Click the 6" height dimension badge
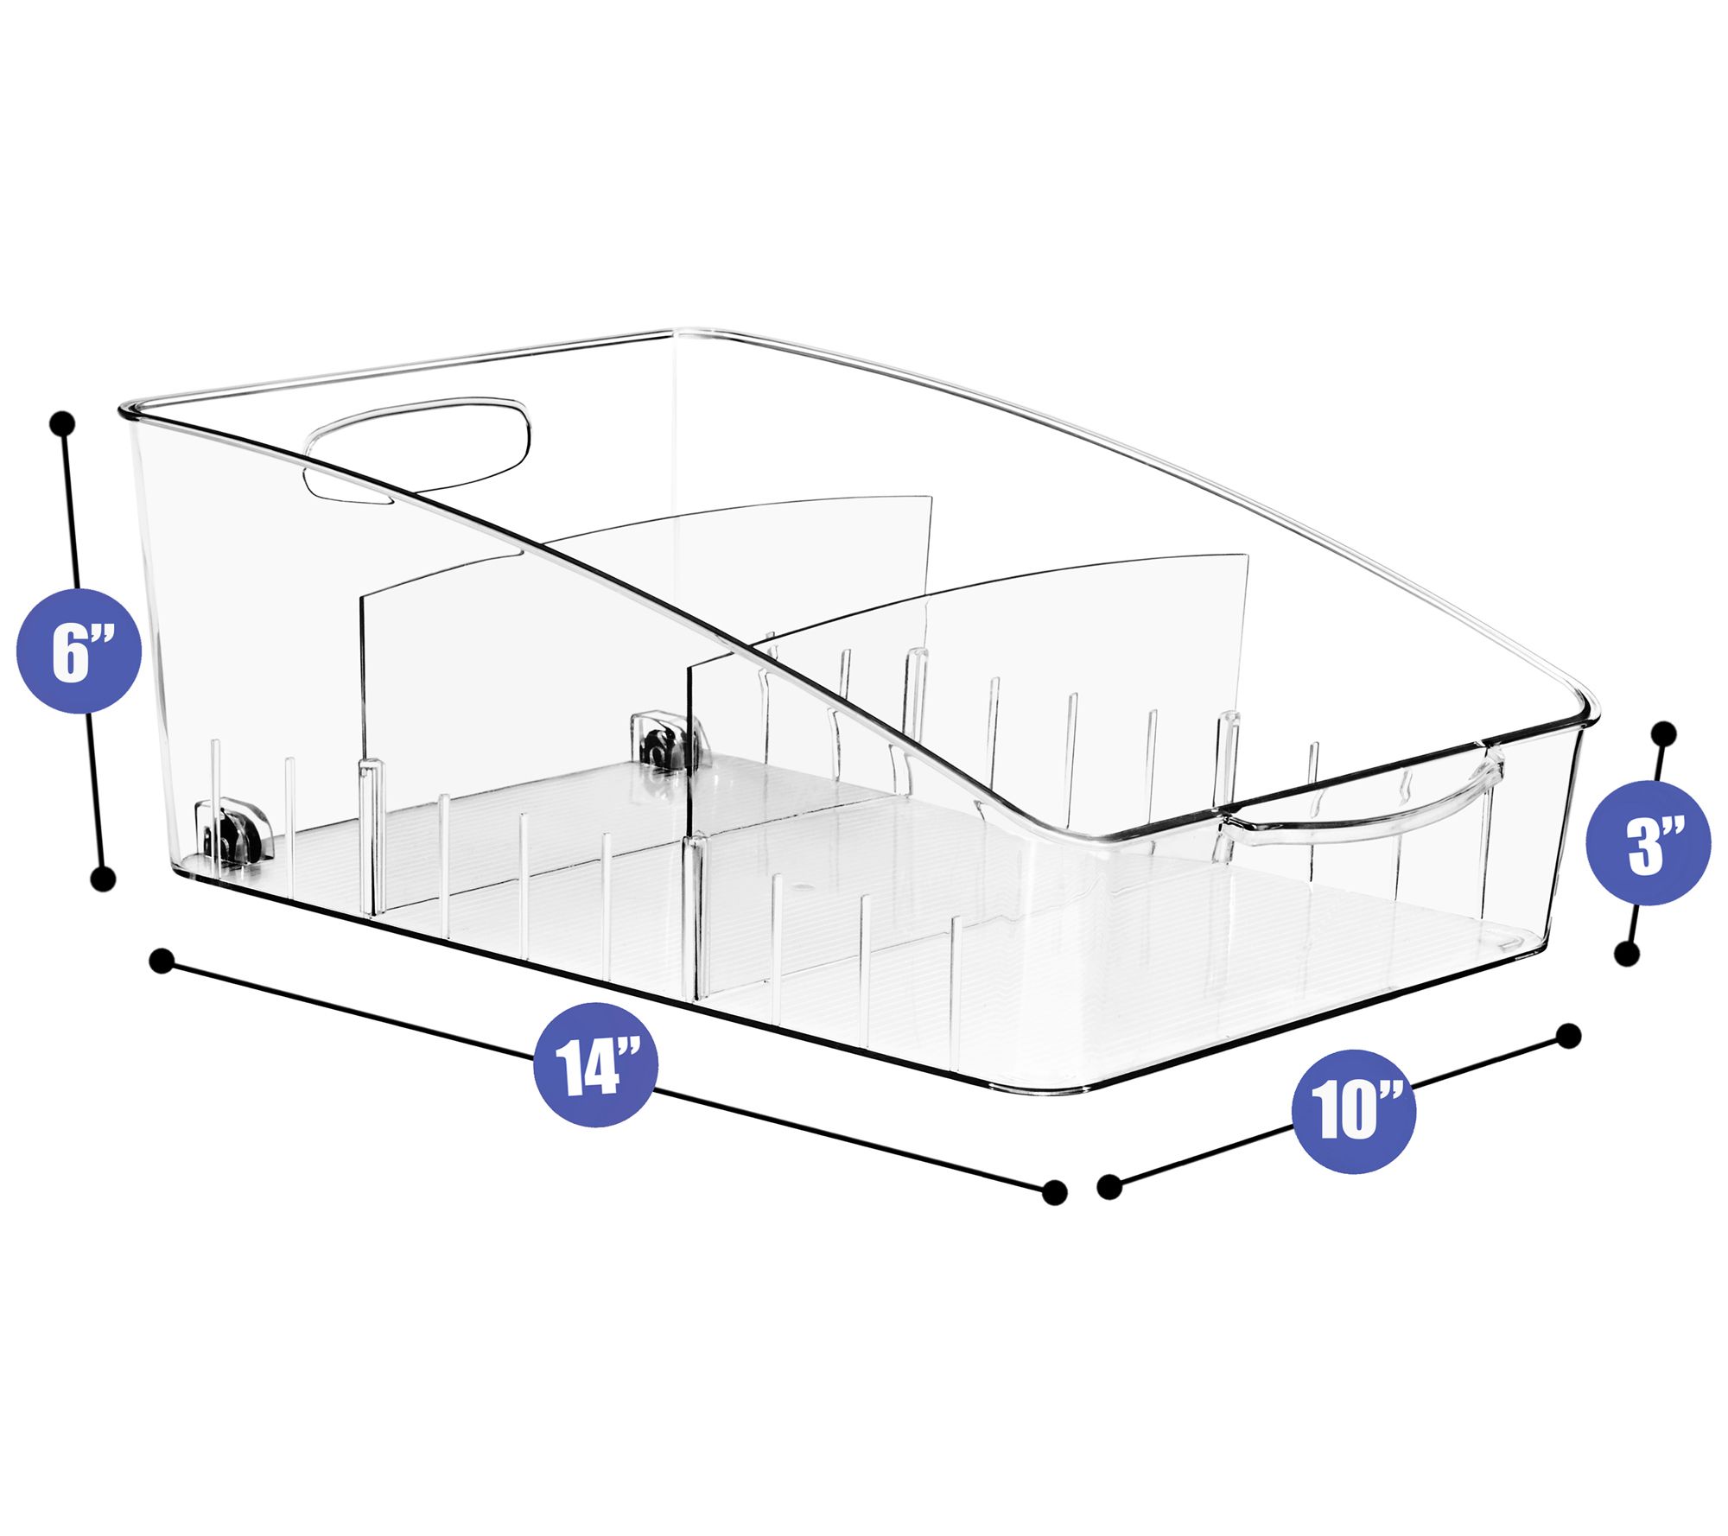pyautogui.click(x=79, y=651)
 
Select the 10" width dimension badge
pyautogui.click(x=1354, y=1111)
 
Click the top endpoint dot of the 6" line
pyautogui.click(x=63, y=423)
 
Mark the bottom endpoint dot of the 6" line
pyautogui.click(x=103, y=880)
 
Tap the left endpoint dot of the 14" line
pyautogui.click(x=162, y=962)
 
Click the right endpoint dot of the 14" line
pyautogui.click(x=1054, y=1193)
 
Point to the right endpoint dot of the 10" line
pyautogui.click(x=1568, y=1036)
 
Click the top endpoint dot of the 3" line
pyautogui.click(x=1663, y=734)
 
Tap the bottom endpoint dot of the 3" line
pyautogui.click(x=1627, y=955)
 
